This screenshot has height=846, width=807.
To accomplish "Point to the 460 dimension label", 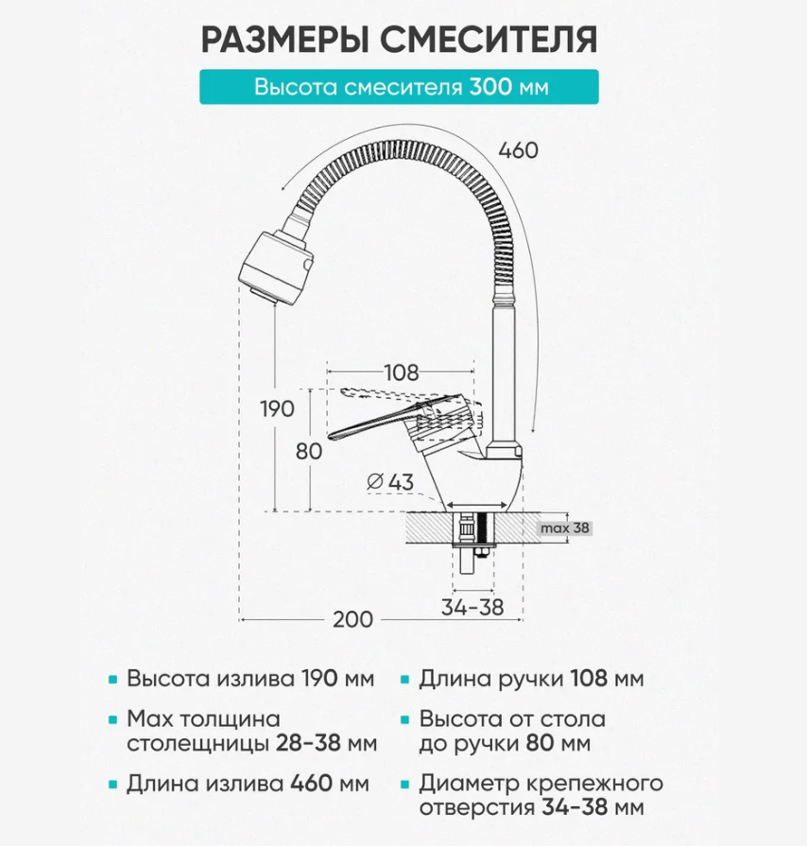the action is click(x=517, y=150).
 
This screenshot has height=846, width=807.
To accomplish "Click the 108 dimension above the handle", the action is click(x=401, y=372).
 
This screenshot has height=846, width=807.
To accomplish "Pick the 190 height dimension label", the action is click(x=276, y=408).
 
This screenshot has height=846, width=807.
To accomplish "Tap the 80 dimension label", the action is click(x=309, y=451).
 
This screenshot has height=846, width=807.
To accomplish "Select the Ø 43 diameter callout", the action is click(x=389, y=482).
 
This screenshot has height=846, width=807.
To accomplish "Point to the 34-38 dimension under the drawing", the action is click(x=472, y=607).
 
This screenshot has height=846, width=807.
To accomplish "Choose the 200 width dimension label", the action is click(x=352, y=619).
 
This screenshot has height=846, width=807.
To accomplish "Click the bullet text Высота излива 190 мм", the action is click(x=250, y=680).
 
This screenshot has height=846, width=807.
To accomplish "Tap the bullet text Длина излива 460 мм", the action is click(x=248, y=784).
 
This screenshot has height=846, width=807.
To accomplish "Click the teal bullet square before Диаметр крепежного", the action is click(x=405, y=785).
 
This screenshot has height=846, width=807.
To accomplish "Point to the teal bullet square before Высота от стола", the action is click(x=405, y=720).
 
